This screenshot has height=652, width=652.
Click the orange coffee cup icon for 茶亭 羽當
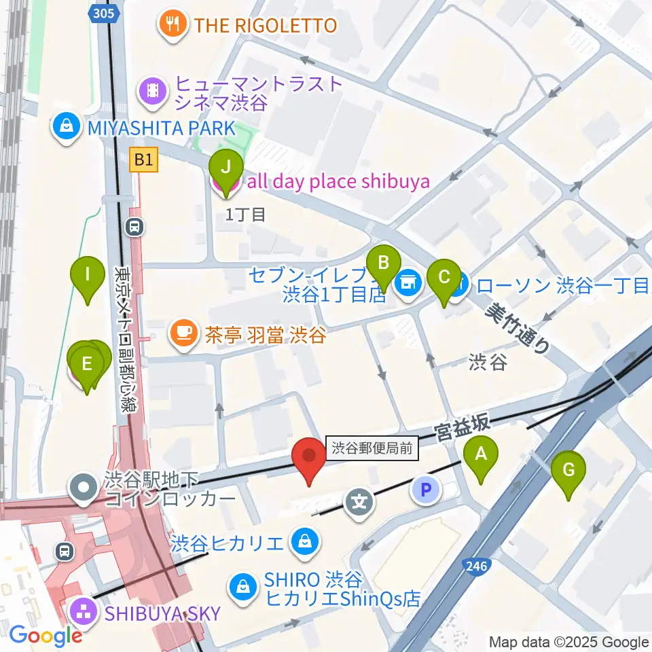(x=182, y=335)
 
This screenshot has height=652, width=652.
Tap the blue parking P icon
(x=426, y=490)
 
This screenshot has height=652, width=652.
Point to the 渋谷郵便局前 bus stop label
(x=372, y=448)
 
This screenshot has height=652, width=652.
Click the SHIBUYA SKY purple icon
(x=86, y=613)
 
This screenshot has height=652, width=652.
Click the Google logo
(x=45, y=636)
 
